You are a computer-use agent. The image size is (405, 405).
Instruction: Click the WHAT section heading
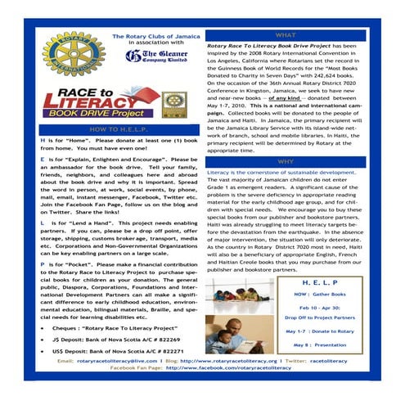point(286,36)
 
